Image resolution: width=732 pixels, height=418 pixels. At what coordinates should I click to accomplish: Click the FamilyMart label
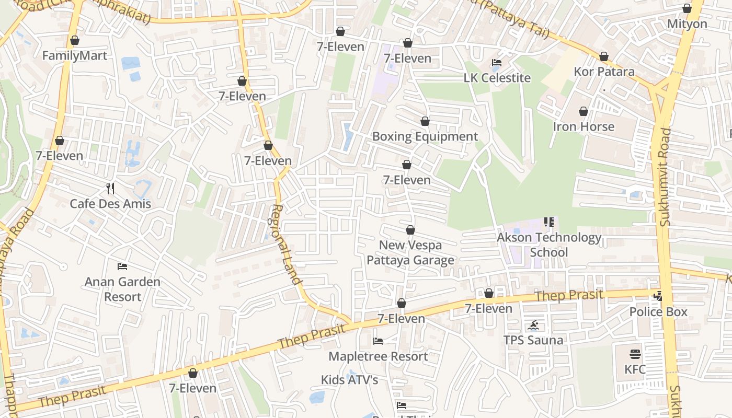click(x=75, y=56)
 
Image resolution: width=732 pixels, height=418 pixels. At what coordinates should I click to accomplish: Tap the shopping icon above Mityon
click(x=687, y=9)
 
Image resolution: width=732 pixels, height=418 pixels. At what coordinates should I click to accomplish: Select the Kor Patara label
click(x=604, y=72)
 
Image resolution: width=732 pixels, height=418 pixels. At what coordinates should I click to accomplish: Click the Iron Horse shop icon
click(x=584, y=112)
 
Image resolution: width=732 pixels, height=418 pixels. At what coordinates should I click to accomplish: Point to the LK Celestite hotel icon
click(x=497, y=63)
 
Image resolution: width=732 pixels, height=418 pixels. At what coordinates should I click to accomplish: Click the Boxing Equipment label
click(x=425, y=137)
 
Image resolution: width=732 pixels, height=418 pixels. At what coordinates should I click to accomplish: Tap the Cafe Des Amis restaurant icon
click(x=110, y=189)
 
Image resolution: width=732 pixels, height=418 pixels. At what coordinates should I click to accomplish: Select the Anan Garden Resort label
click(x=122, y=289)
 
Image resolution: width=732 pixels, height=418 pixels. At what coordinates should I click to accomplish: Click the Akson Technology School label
click(x=549, y=245)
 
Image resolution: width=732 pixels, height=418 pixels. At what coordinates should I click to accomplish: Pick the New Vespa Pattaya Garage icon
click(x=410, y=230)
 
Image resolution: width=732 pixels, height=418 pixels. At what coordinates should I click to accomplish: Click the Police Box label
click(x=658, y=312)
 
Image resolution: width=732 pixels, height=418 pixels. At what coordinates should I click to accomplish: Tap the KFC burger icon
click(x=635, y=354)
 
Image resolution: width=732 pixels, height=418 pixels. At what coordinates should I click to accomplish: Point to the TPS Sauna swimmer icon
click(x=533, y=326)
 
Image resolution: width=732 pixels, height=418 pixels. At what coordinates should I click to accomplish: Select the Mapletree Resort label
click(x=378, y=356)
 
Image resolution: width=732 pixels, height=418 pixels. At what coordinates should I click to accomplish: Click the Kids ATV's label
click(x=349, y=380)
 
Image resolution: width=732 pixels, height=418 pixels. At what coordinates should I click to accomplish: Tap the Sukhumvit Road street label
click(x=665, y=178)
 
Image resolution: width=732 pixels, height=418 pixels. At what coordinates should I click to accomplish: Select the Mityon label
click(x=687, y=24)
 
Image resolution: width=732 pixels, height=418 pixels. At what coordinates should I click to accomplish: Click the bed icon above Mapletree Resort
click(x=378, y=341)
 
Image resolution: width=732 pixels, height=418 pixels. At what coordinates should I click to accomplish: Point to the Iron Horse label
click(x=584, y=126)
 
